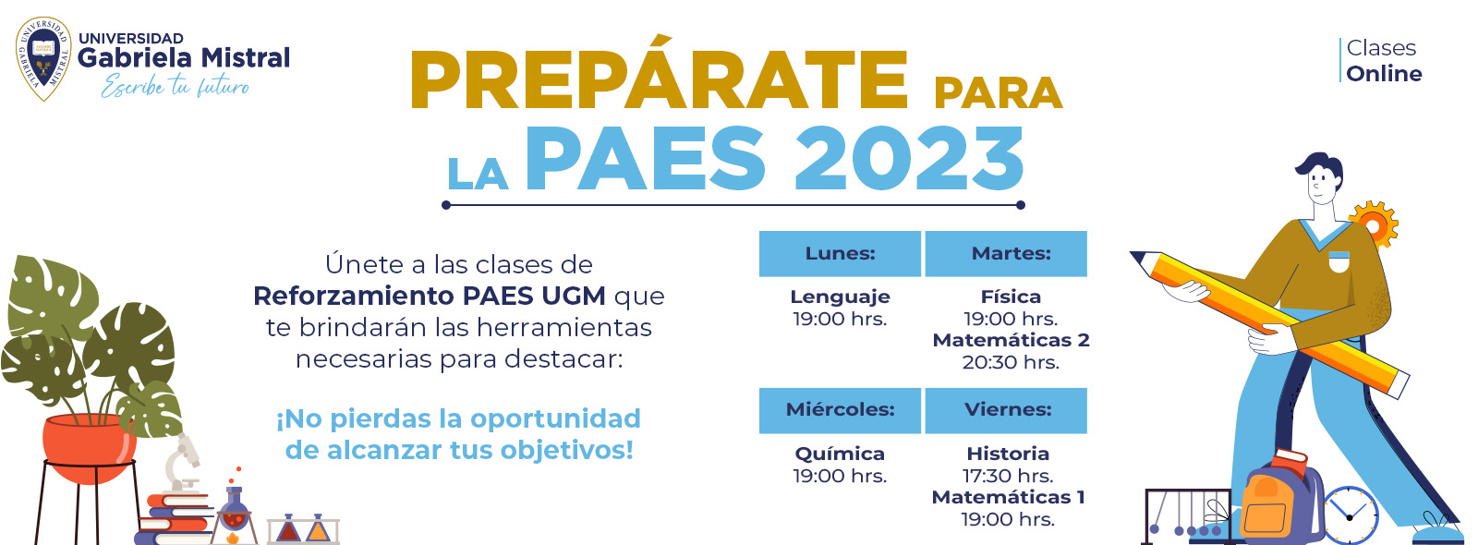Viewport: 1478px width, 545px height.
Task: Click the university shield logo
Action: click(x=43, y=59)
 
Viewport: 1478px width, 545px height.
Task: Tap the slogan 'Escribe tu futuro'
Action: click(x=175, y=87)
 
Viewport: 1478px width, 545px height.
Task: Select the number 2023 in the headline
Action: click(x=909, y=159)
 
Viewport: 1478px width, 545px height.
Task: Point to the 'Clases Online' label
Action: click(x=1383, y=60)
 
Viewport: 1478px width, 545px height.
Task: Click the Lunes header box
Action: click(x=840, y=253)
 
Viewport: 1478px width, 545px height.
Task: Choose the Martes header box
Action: click(x=1006, y=253)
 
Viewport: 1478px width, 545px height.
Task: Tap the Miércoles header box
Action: click(x=840, y=410)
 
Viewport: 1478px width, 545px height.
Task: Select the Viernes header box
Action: click(x=1006, y=410)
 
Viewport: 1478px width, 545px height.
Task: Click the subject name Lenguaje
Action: click(x=840, y=297)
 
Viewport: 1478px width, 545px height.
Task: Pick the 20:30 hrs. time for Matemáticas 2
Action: click(x=1011, y=362)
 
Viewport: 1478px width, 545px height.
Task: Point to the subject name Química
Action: click(x=840, y=454)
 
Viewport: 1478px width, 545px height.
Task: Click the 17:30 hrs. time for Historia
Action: click(x=1008, y=476)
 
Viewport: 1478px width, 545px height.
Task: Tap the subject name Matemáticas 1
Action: click(x=1008, y=497)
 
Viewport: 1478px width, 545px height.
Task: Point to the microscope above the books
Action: click(x=183, y=462)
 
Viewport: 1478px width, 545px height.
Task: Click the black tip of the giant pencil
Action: click(x=1136, y=255)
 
